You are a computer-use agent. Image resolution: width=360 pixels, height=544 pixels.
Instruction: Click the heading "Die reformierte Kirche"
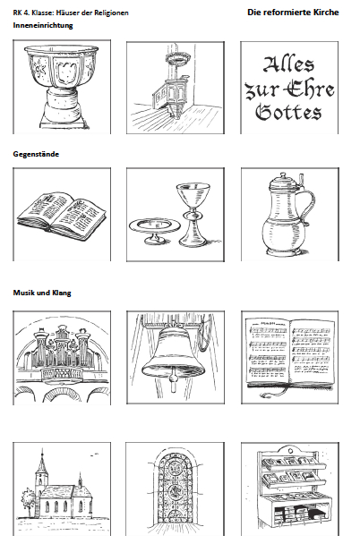tap(293, 13)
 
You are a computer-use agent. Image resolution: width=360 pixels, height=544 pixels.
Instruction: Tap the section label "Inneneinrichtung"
tap(43, 25)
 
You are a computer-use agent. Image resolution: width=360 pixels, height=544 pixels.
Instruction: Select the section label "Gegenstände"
tap(36, 154)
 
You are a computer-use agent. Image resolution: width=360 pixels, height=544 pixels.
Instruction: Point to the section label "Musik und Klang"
tap(42, 293)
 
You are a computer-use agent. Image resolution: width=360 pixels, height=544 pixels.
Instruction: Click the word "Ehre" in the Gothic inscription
tap(312, 89)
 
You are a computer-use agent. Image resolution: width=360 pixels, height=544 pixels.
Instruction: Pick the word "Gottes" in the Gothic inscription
tap(288, 112)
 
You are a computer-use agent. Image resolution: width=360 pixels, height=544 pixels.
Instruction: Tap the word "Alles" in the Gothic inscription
tap(288, 64)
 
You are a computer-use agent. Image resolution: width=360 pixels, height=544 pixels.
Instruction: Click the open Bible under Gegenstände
tap(62, 216)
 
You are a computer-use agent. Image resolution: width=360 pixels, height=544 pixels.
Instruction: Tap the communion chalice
tap(193, 215)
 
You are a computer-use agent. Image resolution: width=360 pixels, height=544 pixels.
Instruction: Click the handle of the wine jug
tap(308, 205)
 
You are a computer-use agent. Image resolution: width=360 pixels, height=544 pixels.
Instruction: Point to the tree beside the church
tap(28, 501)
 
